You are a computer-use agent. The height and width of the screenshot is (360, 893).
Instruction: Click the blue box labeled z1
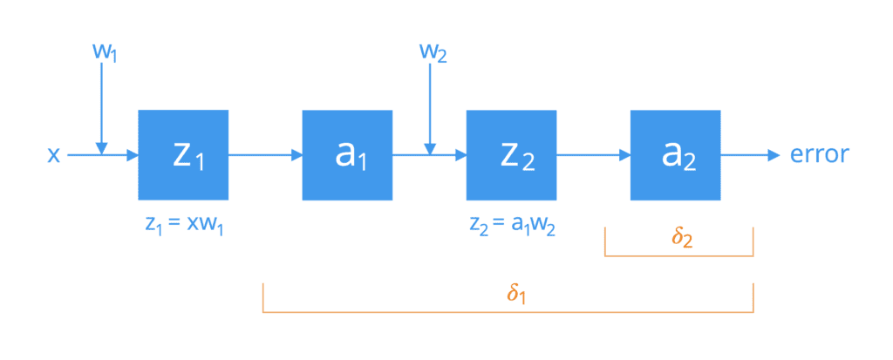click(183, 155)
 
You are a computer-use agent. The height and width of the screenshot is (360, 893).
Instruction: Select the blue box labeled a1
click(347, 155)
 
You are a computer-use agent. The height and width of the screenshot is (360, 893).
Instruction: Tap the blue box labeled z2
click(511, 155)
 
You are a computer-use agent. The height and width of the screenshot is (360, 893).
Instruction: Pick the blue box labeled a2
click(675, 155)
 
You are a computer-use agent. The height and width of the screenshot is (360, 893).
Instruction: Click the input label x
click(53, 155)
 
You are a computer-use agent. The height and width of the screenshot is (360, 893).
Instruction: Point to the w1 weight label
click(104, 51)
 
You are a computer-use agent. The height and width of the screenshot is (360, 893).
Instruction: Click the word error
click(820, 154)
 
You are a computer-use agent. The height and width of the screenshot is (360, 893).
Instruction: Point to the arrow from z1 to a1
click(265, 155)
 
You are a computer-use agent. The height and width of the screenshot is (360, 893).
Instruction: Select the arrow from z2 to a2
click(593, 155)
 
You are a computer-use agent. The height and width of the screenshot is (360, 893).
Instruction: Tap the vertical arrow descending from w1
click(101, 108)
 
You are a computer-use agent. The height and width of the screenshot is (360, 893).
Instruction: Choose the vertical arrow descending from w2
click(431, 108)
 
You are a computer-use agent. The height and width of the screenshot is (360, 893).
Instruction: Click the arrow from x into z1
click(103, 155)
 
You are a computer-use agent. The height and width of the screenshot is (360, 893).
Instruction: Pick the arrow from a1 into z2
click(429, 155)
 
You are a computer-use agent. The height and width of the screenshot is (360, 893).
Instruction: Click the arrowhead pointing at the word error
click(774, 155)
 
